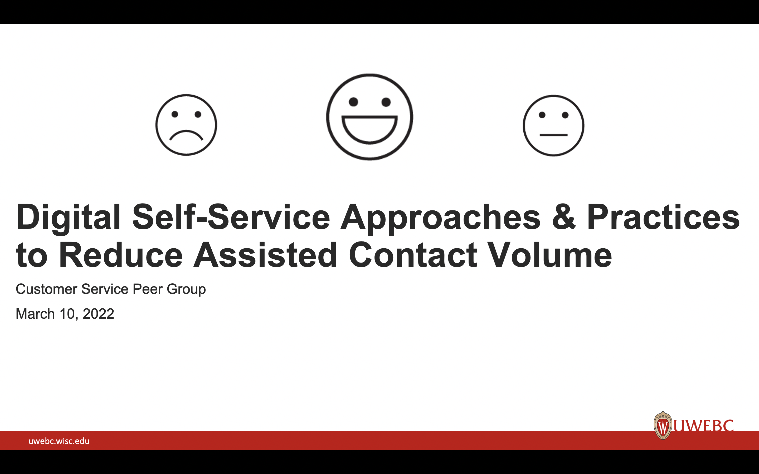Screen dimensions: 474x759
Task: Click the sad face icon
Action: [186, 125]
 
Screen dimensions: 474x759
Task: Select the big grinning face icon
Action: [369, 117]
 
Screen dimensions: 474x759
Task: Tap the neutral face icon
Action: [553, 125]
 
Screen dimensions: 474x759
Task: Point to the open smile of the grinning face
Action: [369, 129]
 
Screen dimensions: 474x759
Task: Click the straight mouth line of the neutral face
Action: [553, 135]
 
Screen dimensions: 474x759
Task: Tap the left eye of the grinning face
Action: [353, 102]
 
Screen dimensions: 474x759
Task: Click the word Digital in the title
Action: [68, 217]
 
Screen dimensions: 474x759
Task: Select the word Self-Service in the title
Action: [231, 217]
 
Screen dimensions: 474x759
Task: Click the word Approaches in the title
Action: [440, 217]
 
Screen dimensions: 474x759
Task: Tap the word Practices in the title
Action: [663, 217]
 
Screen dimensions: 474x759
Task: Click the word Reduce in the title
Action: [121, 255]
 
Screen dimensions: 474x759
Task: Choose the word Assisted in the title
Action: [265, 255]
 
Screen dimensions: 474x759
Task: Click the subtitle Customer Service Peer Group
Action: [111, 289]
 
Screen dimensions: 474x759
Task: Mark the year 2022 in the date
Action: [98, 314]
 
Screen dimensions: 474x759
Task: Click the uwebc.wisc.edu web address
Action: [59, 441]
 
